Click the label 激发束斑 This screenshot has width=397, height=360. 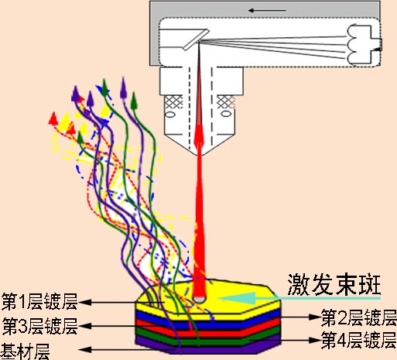[x=334, y=285]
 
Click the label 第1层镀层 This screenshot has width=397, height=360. [x=39, y=301]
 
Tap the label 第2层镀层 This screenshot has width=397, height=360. [x=359, y=318]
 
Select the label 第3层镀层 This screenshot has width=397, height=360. [x=40, y=326]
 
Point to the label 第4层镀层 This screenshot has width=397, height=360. [x=359, y=340]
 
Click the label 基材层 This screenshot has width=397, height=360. [x=26, y=351]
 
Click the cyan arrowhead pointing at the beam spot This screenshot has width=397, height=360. [x=237, y=299]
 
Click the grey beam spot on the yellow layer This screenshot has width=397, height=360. [x=200, y=299]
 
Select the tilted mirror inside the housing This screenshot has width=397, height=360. [x=196, y=39]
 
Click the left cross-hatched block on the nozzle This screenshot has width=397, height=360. [x=173, y=102]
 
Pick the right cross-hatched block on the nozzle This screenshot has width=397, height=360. [x=226, y=102]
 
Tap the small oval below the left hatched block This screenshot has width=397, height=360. [x=170, y=114]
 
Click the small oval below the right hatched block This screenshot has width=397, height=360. [x=226, y=114]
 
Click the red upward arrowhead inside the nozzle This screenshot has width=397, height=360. [x=199, y=134]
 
